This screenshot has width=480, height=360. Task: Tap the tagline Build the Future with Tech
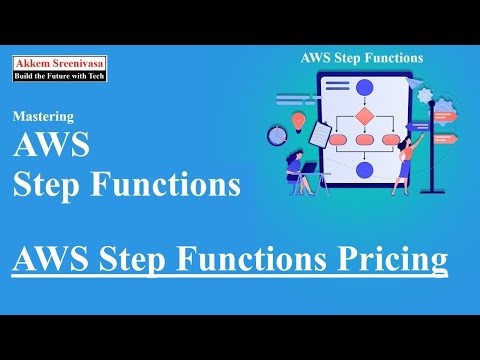[60, 74]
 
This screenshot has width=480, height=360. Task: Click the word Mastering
[42, 116]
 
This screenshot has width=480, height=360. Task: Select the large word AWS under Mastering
[52, 147]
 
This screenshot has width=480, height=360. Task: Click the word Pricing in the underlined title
[396, 259]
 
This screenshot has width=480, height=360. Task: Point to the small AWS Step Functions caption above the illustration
[361, 58]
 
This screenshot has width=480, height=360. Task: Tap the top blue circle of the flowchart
[364, 88]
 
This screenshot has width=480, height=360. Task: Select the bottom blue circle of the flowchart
[364, 170]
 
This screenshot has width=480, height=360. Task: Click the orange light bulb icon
[298, 121]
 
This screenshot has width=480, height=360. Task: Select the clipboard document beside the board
[320, 132]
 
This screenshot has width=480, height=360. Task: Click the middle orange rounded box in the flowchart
[364, 141]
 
